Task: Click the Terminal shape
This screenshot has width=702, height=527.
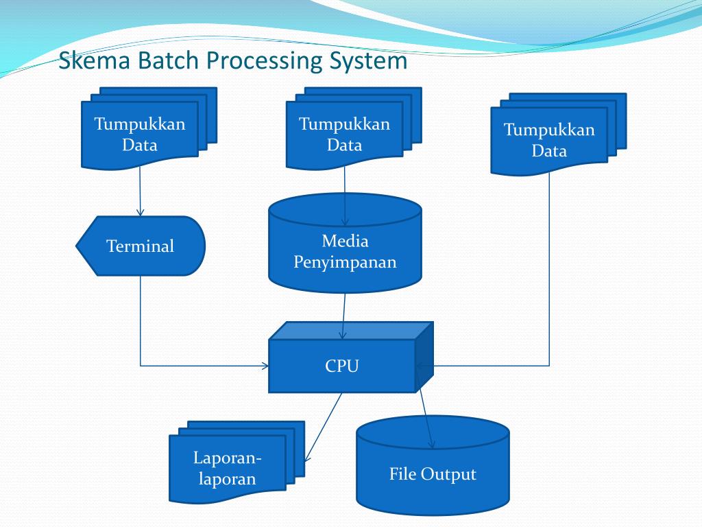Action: pyautogui.click(x=141, y=246)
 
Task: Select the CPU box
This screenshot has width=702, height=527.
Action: pyautogui.click(x=342, y=366)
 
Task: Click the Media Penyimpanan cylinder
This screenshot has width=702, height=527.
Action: pyautogui.click(x=345, y=250)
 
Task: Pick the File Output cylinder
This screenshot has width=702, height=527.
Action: pyautogui.click(x=433, y=473)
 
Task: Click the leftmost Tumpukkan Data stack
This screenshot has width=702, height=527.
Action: pyautogui.click(x=140, y=134)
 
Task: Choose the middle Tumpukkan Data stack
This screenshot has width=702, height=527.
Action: pyautogui.click(x=344, y=134)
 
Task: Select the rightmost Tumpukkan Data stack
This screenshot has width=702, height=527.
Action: pyautogui.click(x=549, y=140)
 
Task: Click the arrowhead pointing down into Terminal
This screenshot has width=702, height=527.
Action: pyautogui.click(x=141, y=213)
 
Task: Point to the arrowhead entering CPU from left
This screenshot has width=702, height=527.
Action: pyautogui.click(x=265, y=366)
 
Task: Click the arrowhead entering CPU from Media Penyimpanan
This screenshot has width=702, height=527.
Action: pyautogui.click(x=343, y=336)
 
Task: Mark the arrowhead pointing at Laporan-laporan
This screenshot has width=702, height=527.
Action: pyautogui.click(x=307, y=458)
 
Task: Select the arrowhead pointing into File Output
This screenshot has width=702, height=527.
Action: pyautogui.click(x=431, y=445)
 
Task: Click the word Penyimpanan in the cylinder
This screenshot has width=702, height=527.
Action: pyautogui.click(x=345, y=262)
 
